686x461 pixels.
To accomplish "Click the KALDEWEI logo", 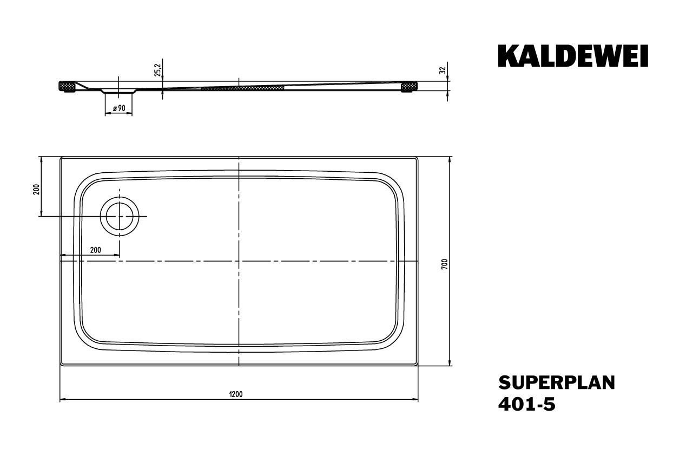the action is point(573,56).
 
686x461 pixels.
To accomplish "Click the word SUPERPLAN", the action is point(557,383).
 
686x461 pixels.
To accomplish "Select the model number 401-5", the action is point(527,404).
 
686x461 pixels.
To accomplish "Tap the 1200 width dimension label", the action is point(235,394).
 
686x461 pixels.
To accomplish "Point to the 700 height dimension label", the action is point(444,264).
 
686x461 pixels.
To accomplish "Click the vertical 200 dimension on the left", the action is point(36,189).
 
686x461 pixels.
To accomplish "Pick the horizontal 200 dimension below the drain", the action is point(96,250).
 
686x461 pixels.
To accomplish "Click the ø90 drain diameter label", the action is point(119,108).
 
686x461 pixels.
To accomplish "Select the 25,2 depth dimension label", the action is point(158,70).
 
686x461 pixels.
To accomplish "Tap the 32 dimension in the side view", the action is point(442,70).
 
